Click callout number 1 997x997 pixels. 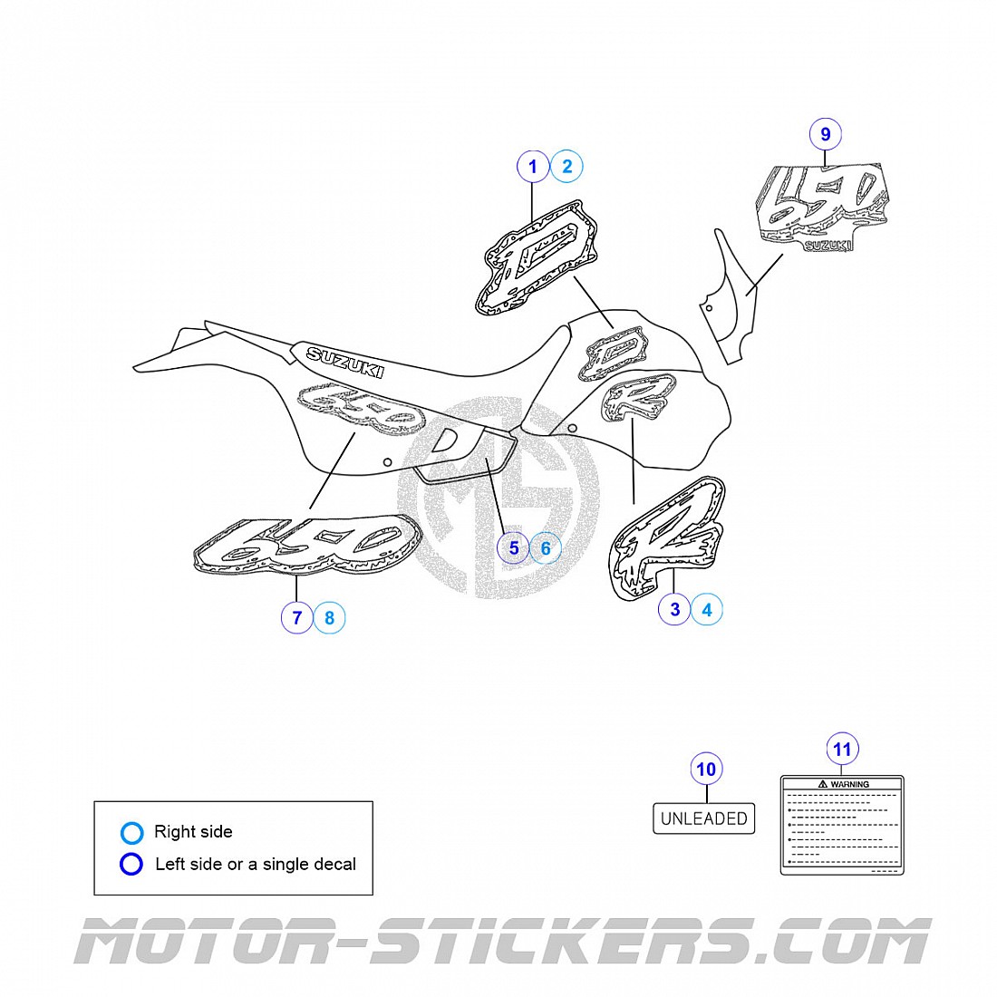click(x=533, y=166)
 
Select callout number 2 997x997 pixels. click(x=567, y=166)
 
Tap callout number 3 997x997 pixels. click(x=674, y=609)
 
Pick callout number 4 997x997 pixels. click(x=707, y=609)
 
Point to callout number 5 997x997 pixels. click(x=514, y=547)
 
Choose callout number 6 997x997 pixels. click(x=546, y=547)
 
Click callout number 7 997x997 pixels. click(x=296, y=618)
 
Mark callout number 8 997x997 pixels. click(x=329, y=618)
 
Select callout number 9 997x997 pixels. click(x=825, y=135)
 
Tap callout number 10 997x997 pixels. click(x=705, y=770)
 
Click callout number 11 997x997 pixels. click(x=843, y=750)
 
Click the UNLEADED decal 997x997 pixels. click(x=704, y=818)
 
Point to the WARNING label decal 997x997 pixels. click(x=842, y=824)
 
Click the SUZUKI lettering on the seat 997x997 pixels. click(x=344, y=362)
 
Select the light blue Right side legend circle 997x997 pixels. click(x=132, y=832)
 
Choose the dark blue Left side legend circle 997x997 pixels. click(x=132, y=865)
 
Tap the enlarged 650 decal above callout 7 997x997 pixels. click(x=308, y=546)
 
